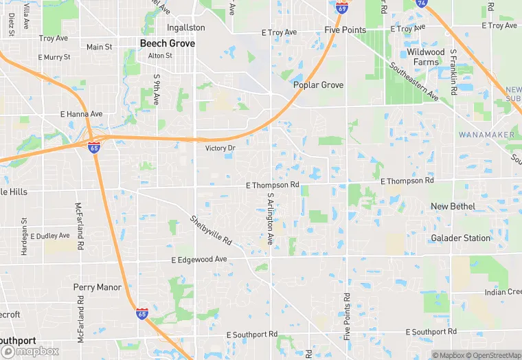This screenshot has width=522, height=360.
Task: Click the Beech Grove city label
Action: [x=167, y=43]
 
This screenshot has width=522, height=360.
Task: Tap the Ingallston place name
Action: [x=185, y=27]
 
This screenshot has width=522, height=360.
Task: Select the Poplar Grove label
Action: [x=318, y=85]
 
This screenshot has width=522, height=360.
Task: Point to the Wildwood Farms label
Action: [x=426, y=57]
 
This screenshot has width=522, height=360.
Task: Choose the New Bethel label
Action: [x=454, y=206]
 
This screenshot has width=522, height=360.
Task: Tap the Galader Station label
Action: [x=460, y=238]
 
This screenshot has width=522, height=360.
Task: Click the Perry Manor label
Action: [x=98, y=287]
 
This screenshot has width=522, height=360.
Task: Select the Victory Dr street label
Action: [x=220, y=148]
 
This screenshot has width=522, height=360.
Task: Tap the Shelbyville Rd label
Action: [x=211, y=233]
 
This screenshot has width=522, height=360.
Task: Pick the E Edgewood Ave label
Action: [x=199, y=260]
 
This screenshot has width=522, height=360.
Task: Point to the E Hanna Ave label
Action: [x=81, y=114]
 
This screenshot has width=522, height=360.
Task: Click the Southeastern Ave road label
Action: [x=413, y=82]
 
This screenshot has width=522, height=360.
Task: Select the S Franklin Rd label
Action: [x=454, y=72]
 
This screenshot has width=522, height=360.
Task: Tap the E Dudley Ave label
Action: [x=50, y=236]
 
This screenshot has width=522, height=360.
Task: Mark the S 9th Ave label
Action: [x=157, y=89]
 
